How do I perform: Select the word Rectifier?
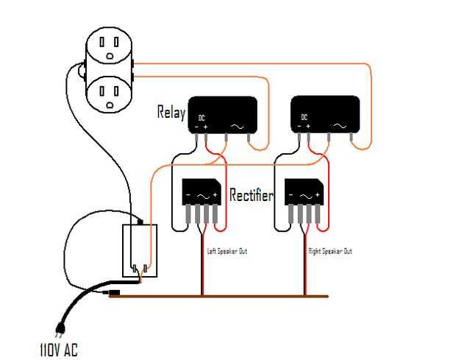tap(252, 195)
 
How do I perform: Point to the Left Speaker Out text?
tap(227, 251)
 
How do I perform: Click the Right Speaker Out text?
tap(330, 251)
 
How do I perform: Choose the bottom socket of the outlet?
tap(110, 94)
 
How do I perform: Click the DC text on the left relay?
tap(202, 117)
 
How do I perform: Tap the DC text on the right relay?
tap(304, 117)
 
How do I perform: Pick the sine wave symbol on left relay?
tap(239, 126)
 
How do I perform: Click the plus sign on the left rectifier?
tap(215, 196)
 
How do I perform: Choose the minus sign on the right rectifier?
tap(291, 196)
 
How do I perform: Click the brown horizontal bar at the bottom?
tap(221, 296)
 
